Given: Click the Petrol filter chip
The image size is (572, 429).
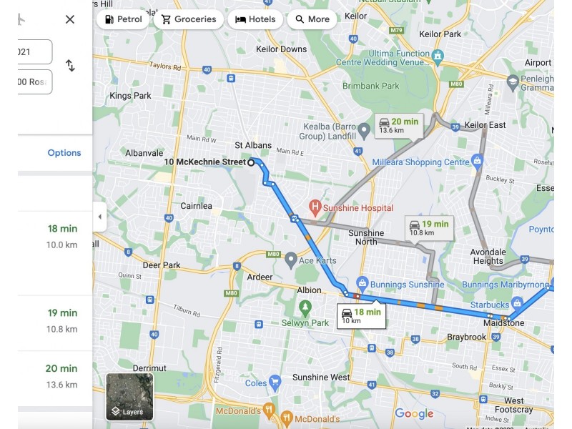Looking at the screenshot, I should coord(123,19).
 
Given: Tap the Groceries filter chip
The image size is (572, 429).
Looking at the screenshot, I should coord(189,19).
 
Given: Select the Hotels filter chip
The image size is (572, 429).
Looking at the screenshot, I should coord(255,19).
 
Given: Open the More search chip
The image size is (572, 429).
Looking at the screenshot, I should coord(312,19).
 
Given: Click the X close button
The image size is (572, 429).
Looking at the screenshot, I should coord(70,19).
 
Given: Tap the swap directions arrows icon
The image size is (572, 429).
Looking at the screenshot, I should coord(70,66).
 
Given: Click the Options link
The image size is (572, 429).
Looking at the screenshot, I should coord(64,153).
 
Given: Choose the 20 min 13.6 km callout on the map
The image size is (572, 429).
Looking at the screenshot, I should coord(399,125).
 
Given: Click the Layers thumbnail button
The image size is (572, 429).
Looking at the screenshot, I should coord(129,396).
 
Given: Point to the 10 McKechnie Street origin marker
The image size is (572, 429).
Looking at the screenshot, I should coord(251,162).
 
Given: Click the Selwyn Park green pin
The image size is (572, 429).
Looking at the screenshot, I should coord(305,307).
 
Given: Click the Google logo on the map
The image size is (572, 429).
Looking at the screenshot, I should coord(414,414).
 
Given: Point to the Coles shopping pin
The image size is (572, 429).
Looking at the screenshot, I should coord(275,383).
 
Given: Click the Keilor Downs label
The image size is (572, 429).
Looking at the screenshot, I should coord(281,49).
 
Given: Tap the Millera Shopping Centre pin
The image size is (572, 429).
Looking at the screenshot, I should coord(478,162).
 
